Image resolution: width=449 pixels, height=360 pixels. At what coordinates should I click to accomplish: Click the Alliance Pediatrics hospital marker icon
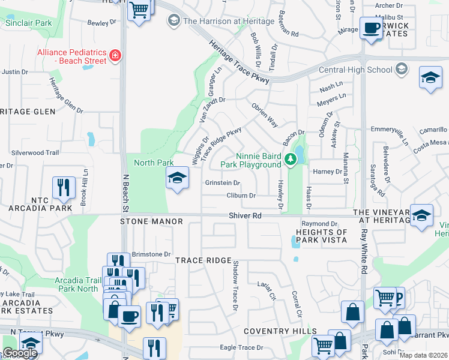point(115,57)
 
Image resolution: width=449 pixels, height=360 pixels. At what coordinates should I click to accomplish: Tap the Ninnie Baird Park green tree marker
point(291,159)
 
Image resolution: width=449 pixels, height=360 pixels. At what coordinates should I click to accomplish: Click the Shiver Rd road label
point(245,215)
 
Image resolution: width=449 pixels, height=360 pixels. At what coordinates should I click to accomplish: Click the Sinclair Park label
point(28,23)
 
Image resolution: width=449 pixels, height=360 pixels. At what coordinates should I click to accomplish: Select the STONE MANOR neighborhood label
point(142,221)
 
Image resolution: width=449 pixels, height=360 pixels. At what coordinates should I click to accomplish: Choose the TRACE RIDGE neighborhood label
point(203,260)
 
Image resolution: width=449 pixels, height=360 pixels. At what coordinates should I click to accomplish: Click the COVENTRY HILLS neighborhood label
point(280,331)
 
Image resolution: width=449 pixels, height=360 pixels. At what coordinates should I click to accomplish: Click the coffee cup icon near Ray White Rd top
point(372,28)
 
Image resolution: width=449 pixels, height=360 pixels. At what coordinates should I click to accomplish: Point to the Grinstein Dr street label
point(223,183)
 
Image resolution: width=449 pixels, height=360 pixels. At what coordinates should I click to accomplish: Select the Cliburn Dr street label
point(241,196)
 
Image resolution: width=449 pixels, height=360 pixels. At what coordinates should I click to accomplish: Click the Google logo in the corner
point(20,353)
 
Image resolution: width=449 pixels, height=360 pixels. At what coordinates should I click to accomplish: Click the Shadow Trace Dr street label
point(236,286)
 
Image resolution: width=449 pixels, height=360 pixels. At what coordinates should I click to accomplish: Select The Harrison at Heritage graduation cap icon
point(173,21)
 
